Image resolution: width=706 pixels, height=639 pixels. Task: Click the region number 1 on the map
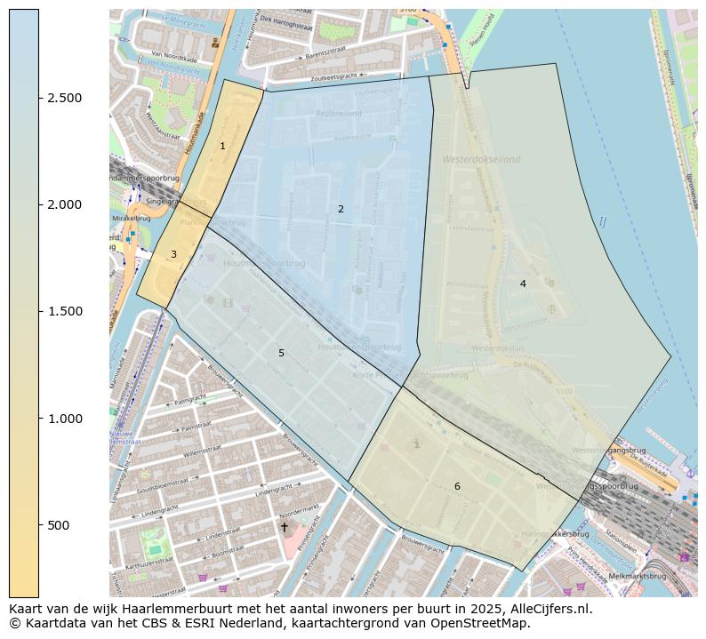coord(222,146)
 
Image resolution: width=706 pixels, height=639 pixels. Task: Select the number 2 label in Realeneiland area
coord(341,209)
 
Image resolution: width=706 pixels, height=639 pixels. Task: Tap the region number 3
coord(173,254)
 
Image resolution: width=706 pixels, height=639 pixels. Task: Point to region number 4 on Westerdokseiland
coord(523,284)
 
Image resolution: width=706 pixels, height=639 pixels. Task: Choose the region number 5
coord(281,353)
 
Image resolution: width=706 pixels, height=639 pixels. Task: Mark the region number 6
coord(457,486)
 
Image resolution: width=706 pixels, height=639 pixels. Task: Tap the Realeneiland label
coord(338,115)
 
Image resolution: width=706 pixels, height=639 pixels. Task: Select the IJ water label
coord(602,221)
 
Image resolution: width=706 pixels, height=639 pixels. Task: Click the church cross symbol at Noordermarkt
coord(285,527)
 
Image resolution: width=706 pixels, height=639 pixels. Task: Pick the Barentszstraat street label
coord(329,54)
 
